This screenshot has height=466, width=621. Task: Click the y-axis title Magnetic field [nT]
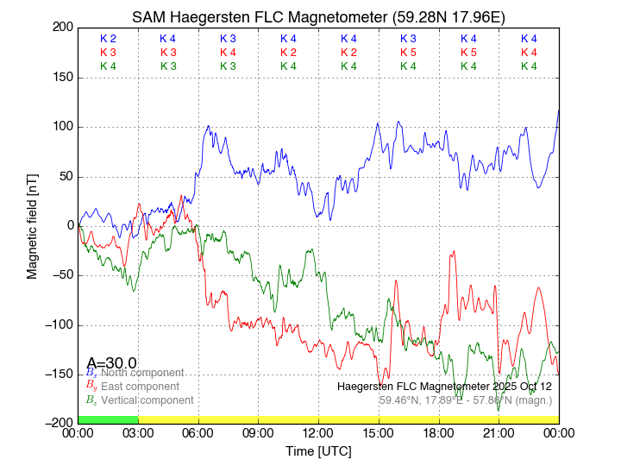(32, 224)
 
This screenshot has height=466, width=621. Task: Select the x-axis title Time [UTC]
(318, 451)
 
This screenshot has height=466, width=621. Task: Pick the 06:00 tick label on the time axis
(198, 432)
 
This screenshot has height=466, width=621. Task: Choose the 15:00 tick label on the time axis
(379, 432)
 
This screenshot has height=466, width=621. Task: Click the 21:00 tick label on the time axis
(499, 432)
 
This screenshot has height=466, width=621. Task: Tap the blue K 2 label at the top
(108, 39)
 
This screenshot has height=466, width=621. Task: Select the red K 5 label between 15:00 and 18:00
(408, 53)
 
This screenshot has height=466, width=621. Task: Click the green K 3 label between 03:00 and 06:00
(168, 66)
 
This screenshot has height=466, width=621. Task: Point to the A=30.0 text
(111, 363)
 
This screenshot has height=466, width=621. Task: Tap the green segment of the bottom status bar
(108, 419)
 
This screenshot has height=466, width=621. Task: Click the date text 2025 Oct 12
(514, 387)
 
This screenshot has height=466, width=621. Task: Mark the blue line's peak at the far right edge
(558, 110)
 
